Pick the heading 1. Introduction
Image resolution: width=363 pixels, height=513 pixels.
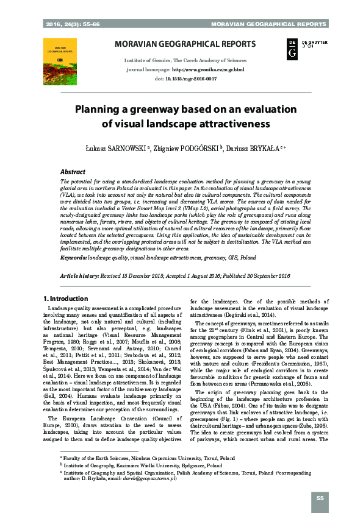pos(66,299)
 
